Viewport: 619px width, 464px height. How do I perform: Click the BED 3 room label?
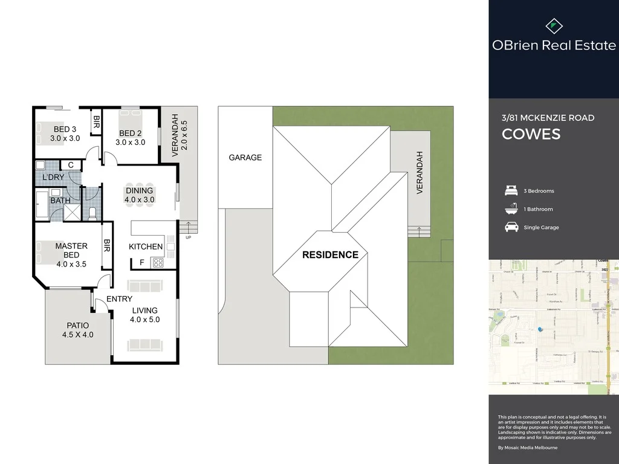point(64,134)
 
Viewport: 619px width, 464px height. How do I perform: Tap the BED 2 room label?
point(130,138)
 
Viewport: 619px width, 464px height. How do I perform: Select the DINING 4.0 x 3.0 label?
point(139,195)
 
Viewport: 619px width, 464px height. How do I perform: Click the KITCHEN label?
point(146,246)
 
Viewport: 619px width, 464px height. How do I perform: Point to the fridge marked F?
point(141,263)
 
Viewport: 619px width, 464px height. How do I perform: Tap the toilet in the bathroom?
point(92,213)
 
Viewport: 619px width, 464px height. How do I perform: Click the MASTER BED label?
point(71,250)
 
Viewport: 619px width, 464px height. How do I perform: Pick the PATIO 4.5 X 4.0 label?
point(77,330)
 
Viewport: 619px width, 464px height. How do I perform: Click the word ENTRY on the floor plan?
point(119,299)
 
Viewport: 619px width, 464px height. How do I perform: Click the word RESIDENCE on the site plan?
point(331,254)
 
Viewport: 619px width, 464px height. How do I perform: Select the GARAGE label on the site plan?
point(245,157)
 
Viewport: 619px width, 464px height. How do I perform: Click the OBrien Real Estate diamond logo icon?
point(554,26)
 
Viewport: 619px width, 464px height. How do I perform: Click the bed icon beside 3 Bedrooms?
point(511,191)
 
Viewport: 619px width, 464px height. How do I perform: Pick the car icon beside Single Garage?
point(511,227)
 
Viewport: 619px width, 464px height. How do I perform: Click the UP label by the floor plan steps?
point(189,237)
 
